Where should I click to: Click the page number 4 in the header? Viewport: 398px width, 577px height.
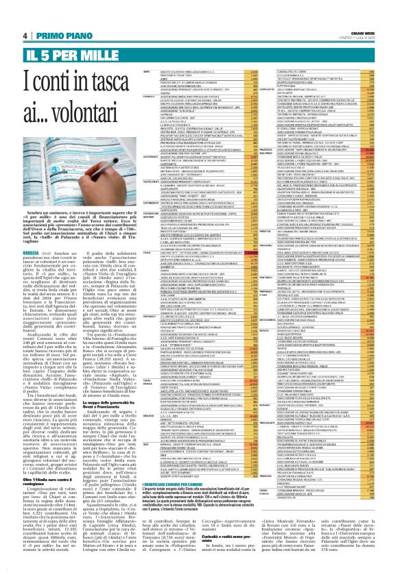point(25,36)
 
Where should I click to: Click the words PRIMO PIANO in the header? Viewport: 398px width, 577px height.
point(56,36)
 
